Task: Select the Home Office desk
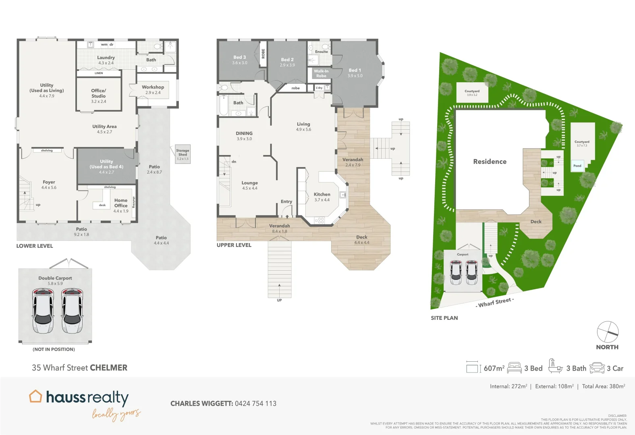coord(102,205)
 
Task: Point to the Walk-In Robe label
coord(321,73)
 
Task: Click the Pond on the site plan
coord(577,166)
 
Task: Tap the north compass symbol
coord(607,332)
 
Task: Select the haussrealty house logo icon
coord(35,396)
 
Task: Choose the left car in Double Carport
coord(43,311)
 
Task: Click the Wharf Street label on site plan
coord(495,302)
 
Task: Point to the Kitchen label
coord(322,194)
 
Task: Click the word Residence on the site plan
coord(490,162)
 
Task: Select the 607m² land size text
coord(494,368)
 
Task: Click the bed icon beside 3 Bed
coord(515,368)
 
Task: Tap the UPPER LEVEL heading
coord(234,245)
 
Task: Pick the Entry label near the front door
coord(286,201)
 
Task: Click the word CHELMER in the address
coord(108,368)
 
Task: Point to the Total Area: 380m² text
coord(603,386)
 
